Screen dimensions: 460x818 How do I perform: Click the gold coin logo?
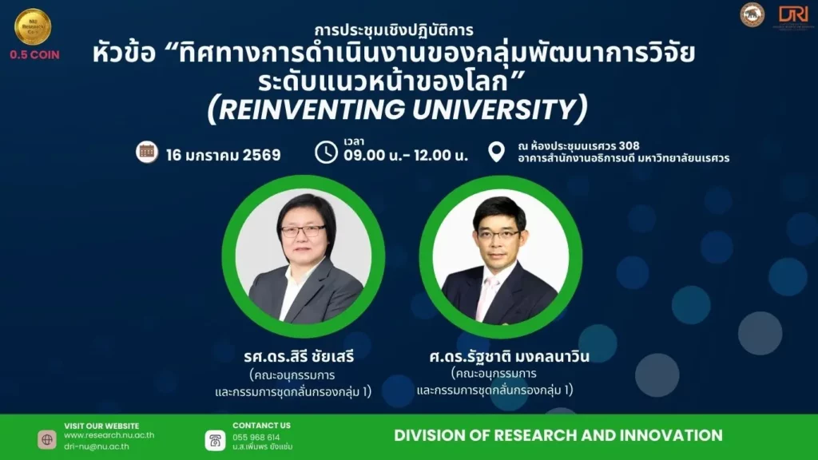pos(33,26)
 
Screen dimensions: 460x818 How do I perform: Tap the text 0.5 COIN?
pos(34,55)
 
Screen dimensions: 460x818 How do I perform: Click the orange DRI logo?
pos(793,15)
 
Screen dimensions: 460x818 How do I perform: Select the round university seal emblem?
pos(752,15)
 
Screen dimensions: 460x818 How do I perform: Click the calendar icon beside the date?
pos(146,153)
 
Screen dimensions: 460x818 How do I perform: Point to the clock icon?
pos(326,152)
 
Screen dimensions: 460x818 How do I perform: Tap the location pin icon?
pos(496,152)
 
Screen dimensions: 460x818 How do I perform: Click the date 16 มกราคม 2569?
pos(224,155)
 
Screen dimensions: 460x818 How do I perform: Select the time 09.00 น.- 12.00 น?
pos(406,157)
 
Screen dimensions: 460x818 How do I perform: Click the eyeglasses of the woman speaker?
pos(304,231)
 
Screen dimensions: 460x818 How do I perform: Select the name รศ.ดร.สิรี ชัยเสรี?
pos(299,356)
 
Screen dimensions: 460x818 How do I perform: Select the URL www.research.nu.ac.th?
pos(109,436)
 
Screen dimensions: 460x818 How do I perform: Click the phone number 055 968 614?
pos(256,438)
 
